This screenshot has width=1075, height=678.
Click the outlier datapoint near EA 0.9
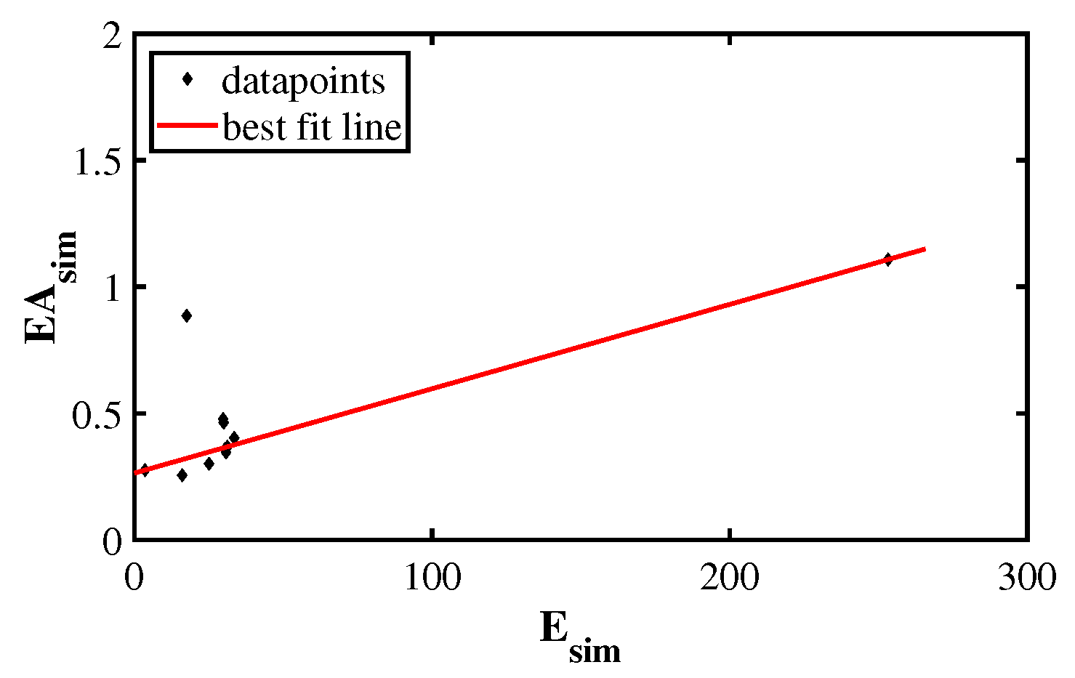pyautogui.click(x=187, y=315)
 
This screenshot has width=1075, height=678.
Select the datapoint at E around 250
pyautogui.click(x=887, y=259)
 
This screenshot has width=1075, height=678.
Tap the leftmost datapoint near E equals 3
pyautogui.click(x=144, y=470)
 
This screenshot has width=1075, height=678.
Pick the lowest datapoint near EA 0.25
pyautogui.click(x=182, y=475)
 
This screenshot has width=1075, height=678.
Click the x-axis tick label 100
pyautogui.click(x=432, y=579)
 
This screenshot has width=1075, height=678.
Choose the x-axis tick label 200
pyautogui.click(x=730, y=579)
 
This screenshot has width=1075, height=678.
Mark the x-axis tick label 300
pyautogui.click(x=1026, y=579)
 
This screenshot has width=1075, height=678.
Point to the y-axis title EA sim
pyautogui.click(x=49, y=287)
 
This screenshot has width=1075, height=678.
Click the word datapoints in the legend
pyautogui.click(x=302, y=80)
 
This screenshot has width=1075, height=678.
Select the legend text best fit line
pyautogui.click(x=312, y=127)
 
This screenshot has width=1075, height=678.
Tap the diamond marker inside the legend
pyautogui.click(x=187, y=78)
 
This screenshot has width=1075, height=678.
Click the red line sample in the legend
pyautogui.click(x=187, y=126)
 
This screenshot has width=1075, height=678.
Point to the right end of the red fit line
pyautogui.click(x=925, y=249)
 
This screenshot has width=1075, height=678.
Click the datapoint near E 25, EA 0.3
pyautogui.click(x=209, y=464)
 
